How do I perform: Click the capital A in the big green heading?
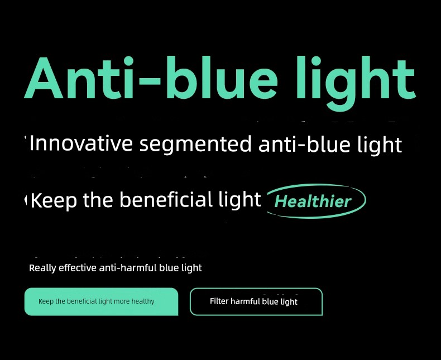(44, 78)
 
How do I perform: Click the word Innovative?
(81, 143)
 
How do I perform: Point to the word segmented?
(195, 144)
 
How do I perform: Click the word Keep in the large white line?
(54, 200)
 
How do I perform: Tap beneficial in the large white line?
(166, 199)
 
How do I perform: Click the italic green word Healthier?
(313, 201)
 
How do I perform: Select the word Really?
(42, 268)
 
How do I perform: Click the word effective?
(78, 268)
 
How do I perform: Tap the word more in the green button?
(122, 301)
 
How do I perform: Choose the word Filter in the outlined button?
(219, 301)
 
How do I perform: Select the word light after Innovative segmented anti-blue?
(380, 145)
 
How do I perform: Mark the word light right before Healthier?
(240, 200)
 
